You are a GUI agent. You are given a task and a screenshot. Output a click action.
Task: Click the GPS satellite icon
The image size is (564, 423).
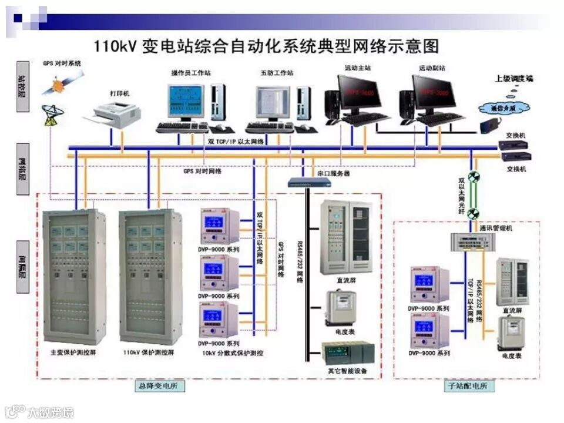pos(59,86)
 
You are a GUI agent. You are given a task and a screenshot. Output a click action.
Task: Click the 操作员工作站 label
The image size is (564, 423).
pos(191,73)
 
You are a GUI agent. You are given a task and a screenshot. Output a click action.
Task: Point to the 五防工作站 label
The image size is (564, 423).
pos(277,73)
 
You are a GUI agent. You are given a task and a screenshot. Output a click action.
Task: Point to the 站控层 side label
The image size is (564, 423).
pos(22,86)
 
